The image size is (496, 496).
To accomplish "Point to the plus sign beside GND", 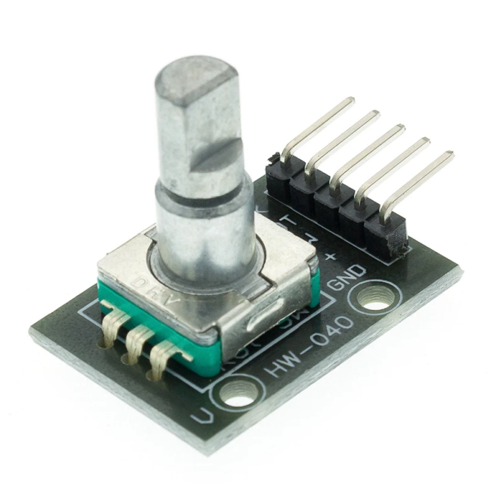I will point(331,256).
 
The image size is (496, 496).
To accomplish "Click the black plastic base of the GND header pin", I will point(389,234).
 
